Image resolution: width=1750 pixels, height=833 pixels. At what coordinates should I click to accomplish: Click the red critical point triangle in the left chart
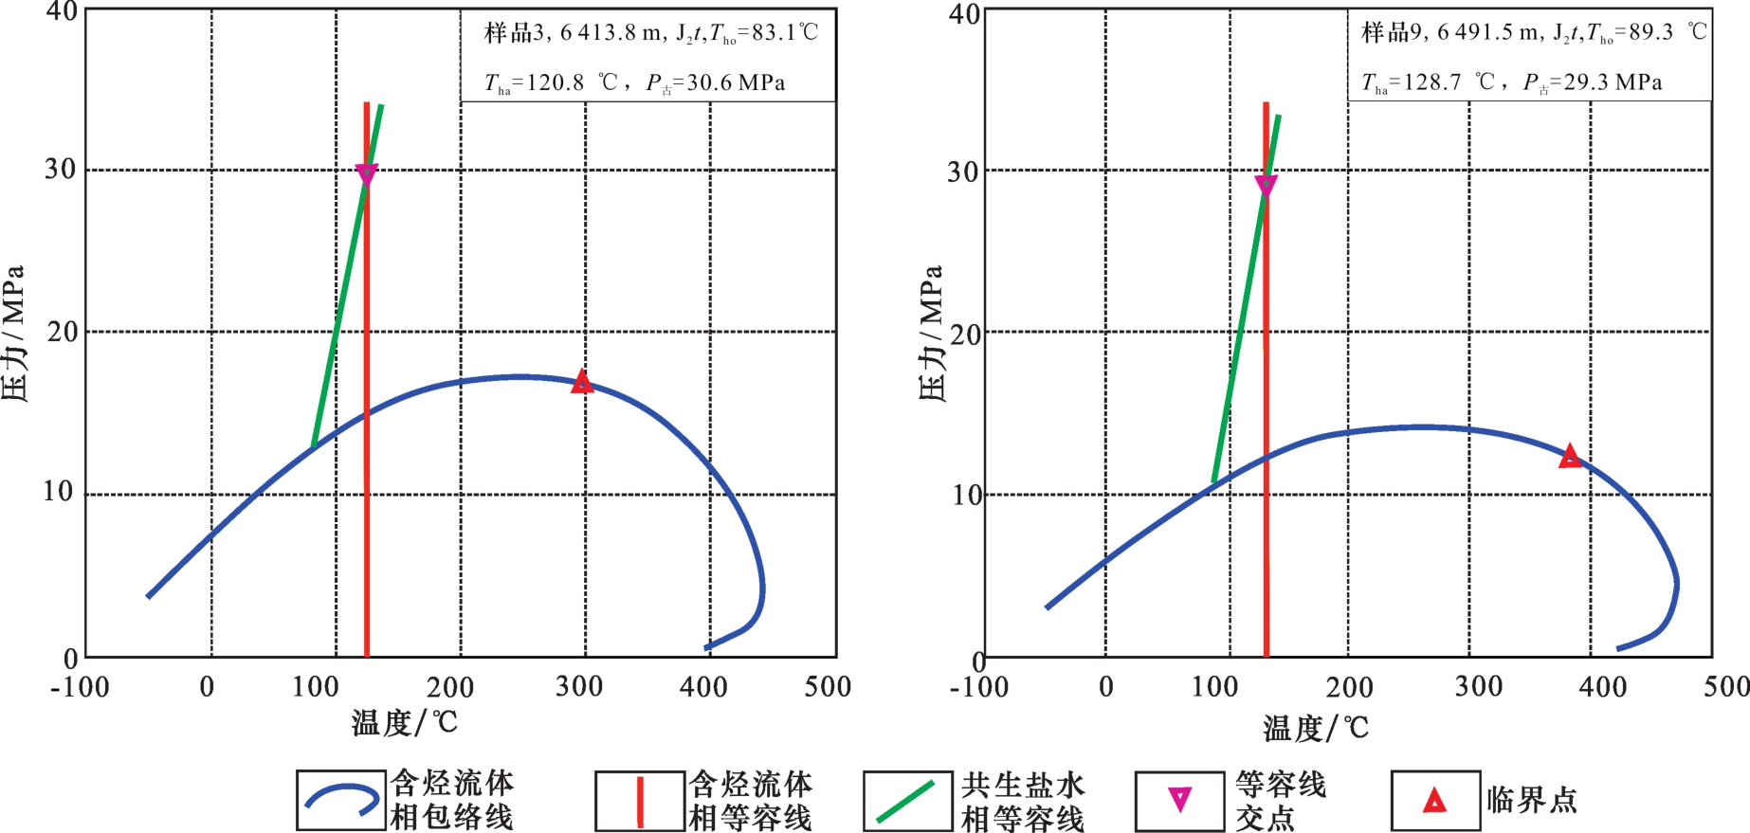coord(582,382)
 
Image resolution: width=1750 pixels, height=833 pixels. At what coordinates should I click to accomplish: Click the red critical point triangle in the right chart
coord(1570,457)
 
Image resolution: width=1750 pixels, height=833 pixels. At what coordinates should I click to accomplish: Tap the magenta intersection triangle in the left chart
coord(367,174)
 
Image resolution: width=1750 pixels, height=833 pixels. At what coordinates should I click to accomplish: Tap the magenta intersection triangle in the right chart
coord(1266,185)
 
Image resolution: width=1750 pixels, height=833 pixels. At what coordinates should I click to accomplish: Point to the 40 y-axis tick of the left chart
coord(62,12)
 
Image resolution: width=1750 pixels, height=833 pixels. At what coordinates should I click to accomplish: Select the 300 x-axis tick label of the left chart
coord(579,686)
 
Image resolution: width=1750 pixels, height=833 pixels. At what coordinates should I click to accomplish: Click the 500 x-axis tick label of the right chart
coord(1725,686)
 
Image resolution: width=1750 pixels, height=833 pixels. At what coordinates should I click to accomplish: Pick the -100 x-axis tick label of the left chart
coord(80,686)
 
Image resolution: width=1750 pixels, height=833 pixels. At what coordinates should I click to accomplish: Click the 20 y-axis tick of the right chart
coord(964,335)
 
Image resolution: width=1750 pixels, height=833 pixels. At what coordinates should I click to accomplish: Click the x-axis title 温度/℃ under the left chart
coord(405,723)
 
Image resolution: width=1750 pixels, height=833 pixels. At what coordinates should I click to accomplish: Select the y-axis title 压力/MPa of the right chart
coord(931,334)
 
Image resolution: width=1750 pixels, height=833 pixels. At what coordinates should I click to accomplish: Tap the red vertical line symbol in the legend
coord(640,802)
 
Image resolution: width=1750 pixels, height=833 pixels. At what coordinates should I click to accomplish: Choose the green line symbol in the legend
coord(906,802)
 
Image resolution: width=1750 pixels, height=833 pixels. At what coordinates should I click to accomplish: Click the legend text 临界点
coord(1532,800)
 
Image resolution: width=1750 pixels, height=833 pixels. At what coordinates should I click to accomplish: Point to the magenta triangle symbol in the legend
coord(1179,800)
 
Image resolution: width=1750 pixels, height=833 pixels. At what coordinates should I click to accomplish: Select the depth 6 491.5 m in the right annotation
coord(1489,33)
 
